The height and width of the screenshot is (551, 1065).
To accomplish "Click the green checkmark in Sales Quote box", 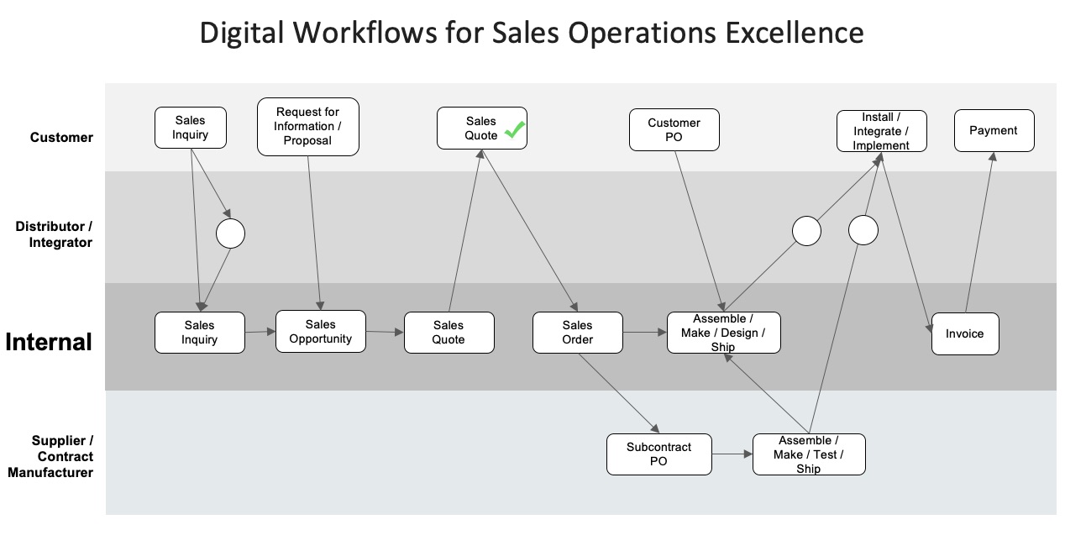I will (x=514, y=130).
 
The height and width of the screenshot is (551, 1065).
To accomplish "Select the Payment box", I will (x=994, y=131).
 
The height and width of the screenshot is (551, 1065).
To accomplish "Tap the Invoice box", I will (x=964, y=334).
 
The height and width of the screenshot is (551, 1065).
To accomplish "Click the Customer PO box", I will (x=674, y=130).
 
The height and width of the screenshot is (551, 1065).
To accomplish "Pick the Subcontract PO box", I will (x=658, y=454).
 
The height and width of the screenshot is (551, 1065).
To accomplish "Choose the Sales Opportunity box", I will (x=320, y=332).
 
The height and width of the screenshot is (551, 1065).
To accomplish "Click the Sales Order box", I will (x=577, y=333).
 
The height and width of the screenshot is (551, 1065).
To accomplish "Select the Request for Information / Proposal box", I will (x=307, y=127).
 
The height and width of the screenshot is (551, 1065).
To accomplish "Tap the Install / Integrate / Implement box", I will (x=881, y=131).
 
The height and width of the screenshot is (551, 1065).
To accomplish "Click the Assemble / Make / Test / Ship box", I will (x=808, y=454).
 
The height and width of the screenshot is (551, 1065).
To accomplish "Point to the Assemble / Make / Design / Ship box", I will (x=722, y=333).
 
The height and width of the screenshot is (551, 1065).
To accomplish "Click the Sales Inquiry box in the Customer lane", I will (x=191, y=128).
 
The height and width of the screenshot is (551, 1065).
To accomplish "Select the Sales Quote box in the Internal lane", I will (x=449, y=333).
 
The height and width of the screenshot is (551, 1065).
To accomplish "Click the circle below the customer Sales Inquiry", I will (x=230, y=234).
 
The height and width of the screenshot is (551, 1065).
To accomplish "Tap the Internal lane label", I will (x=49, y=343).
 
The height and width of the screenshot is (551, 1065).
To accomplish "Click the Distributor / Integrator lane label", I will (x=54, y=234).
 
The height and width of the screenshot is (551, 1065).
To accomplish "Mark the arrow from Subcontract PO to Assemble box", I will (x=732, y=454).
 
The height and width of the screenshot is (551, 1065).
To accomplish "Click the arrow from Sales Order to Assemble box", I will (x=644, y=333).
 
